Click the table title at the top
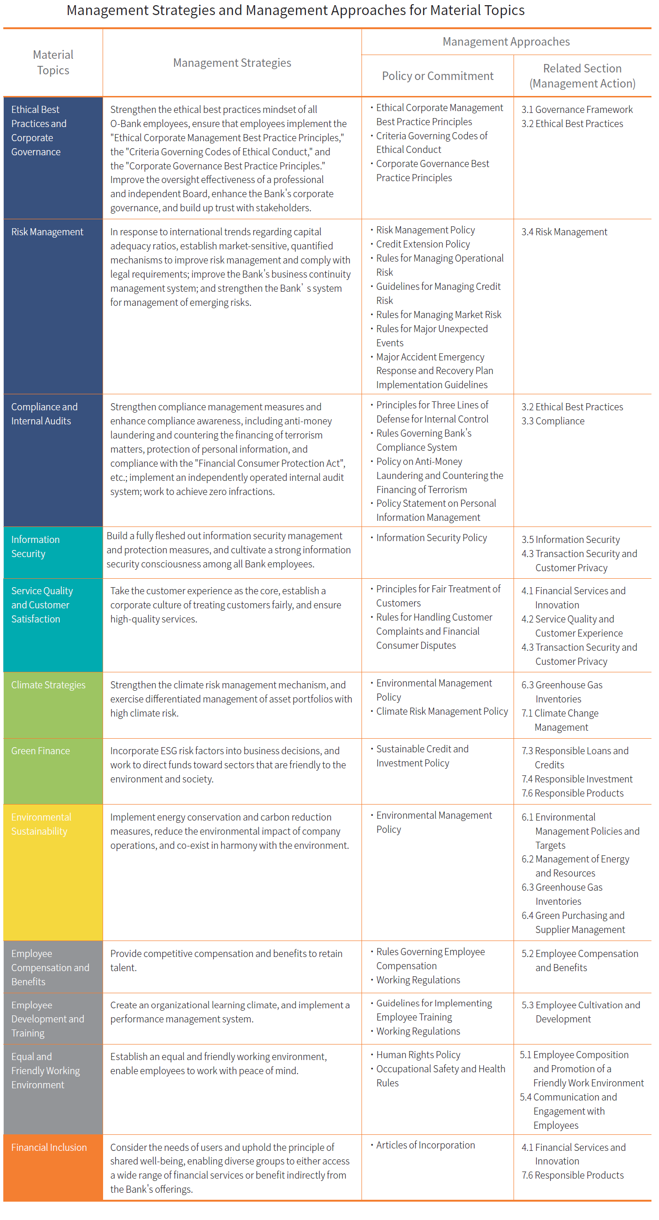pos(295,10)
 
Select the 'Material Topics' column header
pos(53,63)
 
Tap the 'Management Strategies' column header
pos(232,63)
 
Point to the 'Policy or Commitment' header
pos(437,76)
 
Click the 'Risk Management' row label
pos(47,232)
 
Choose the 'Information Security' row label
pos(35,547)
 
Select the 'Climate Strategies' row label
pos(48,685)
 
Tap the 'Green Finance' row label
pos(40,750)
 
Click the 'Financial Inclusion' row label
pos(49,1147)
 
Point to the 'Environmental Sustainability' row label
pos(41,824)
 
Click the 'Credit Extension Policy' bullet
pos(423,244)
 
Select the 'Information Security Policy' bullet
pos(431,538)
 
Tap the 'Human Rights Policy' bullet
pos(418,1055)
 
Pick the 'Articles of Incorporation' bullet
pos(425,1145)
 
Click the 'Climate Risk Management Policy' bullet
pos(442,711)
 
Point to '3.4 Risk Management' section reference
pos(564,232)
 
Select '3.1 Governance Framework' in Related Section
pos(577,110)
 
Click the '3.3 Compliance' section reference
pos(553,421)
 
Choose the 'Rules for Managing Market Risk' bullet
pos(438,315)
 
